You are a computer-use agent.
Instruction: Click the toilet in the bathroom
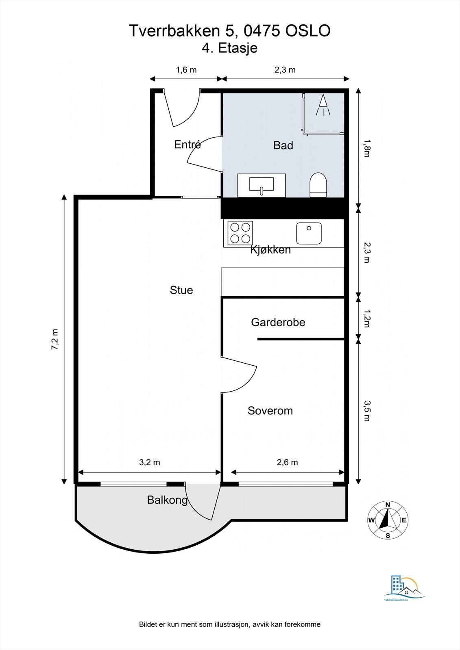pyautogui.click(x=318, y=185)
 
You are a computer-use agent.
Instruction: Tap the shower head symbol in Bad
pyautogui.click(x=323, y=105)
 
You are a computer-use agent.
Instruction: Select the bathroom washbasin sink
pyautogui.click(x=262, y=185)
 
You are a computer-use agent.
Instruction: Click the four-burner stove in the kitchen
pyautogui.click(x=240, y=233)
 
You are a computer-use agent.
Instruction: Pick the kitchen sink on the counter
pyautogui.click(x=309, y=233)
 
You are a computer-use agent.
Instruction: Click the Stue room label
pyautogui.click(x=181, y=290)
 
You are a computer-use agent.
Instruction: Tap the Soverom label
pyautogui.click(x=270, y=411)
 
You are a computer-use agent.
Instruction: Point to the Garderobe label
pyautogui.click(x=278, y=323)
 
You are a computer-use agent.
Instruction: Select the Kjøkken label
pyautogui.click(x=270, y=250)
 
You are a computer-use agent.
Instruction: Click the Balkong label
pyautogui.click(x=167, y=500)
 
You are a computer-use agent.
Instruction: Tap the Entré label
pyautogui.click(x=187, y=145)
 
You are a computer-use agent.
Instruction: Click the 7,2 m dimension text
pyautogui.click(x=55, y=339)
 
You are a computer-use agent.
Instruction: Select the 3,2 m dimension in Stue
pyautogui.click(x=150, y=462)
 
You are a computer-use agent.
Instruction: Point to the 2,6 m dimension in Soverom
pyautogui.click(x=287, y=462)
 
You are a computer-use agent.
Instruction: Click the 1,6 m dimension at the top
pyautogui.click(x=186, y=70)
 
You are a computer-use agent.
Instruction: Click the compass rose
pyautogui.click(x=388, y=520)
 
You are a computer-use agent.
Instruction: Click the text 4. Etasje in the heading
pyautogui.click(x=230, y=48)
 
